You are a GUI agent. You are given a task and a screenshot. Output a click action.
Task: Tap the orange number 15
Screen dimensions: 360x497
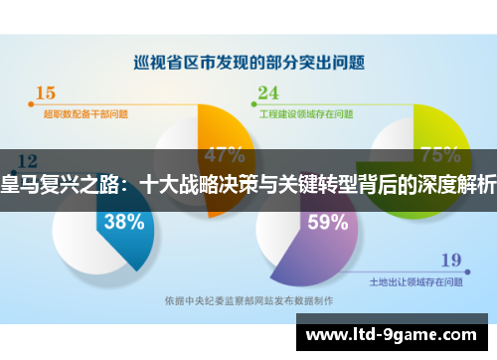click(46, 94)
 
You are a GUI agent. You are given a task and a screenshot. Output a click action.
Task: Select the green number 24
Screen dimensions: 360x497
click(268, 94)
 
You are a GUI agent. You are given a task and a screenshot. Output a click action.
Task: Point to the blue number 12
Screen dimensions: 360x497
click(28, 161)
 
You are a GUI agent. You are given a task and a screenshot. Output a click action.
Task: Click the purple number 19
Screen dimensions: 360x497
click(450, 262)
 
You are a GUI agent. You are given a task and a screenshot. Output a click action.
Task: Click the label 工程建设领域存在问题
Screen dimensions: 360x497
click(305, 113)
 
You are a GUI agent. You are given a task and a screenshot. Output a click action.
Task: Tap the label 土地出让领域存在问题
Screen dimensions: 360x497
click(416, 282)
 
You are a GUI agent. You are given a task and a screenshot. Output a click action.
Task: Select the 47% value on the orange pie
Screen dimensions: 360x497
click(224, 155)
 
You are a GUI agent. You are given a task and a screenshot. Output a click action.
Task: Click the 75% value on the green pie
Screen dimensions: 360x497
click(439, 155)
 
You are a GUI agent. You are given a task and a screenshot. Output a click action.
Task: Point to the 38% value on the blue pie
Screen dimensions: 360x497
click(124, 222)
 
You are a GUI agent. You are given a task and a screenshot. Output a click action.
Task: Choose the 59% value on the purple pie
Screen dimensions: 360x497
click(327, 223)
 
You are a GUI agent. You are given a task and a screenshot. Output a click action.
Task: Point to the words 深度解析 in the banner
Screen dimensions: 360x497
click(458, 183)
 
